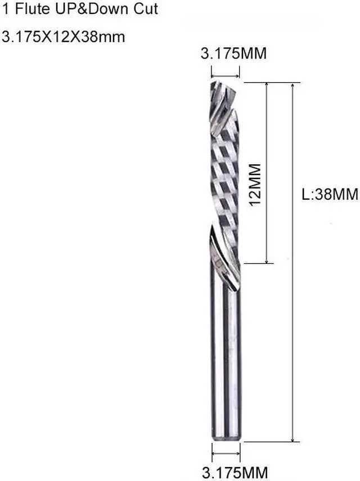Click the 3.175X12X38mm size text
pyautogui.click(x=64, y=37)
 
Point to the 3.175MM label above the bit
pyautogui.click(x=233, y=54)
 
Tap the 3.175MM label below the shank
pyautogui.click(x=235, y=471)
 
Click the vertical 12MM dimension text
pyautogui.click(x=256, y=185)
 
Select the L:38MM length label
pyautogui.click(x=330, y=195)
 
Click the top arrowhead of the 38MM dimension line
pyautogui.click(x=292, y=86)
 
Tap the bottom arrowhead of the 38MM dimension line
pyautogui.click(x=292, y=438)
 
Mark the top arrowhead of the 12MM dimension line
pyautogui.click(x=266, y=86)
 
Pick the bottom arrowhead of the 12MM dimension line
pyautogui.click(x=266, y=259)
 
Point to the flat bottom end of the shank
pyautogui.click(x=226, y=438)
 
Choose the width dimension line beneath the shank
pyautogui.click(x=226, y=453)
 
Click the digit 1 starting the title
pyautogui.click(x=4, y=9)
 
